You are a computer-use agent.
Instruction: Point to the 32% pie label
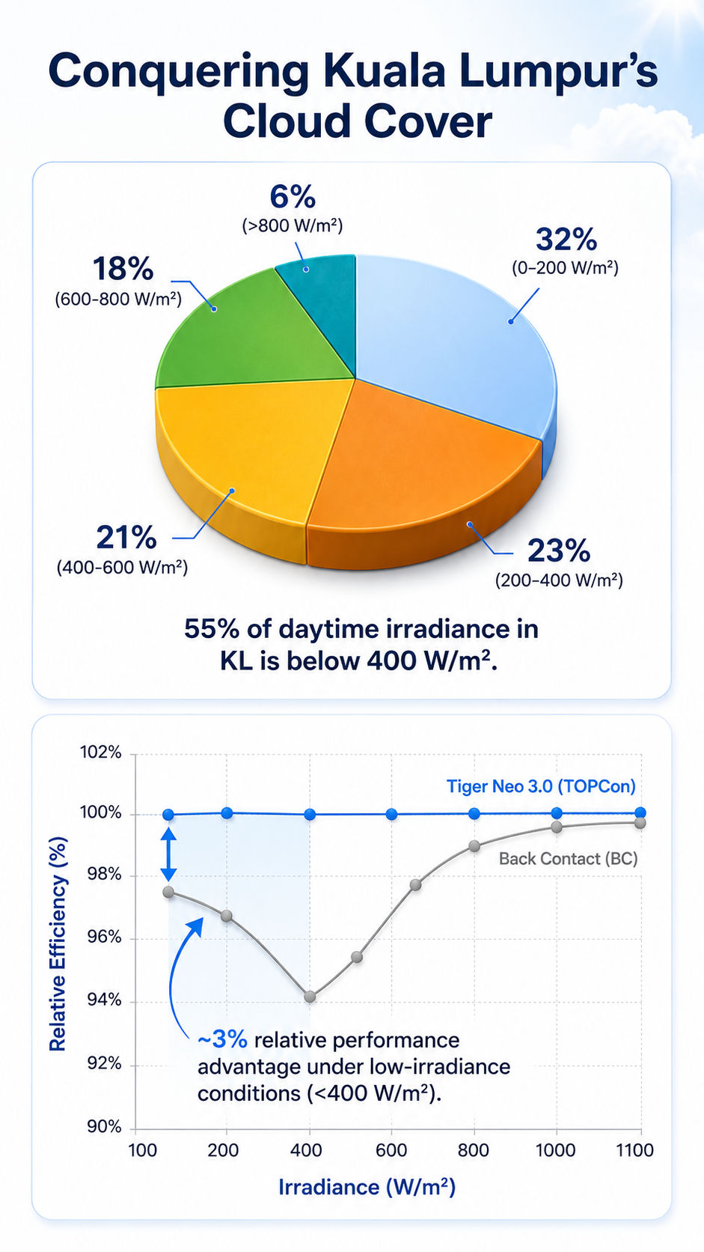[566, 239]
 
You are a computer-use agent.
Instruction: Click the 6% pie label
[293, 197]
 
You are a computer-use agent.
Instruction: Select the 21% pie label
[126, 538]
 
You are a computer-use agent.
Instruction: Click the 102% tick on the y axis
[101, 753]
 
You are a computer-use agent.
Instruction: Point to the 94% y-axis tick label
[105, 999]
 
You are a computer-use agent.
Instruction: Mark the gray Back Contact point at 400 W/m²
[310, 997]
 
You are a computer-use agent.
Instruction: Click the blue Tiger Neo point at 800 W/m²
[474, 813]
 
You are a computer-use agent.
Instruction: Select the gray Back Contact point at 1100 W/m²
[640, 823]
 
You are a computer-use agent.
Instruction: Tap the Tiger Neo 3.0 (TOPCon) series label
[541, 786]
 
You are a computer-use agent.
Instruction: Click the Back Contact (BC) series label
[569, 859]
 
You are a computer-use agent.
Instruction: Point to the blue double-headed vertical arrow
[168, 854]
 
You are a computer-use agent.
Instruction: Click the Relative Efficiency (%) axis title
[58, 943]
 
